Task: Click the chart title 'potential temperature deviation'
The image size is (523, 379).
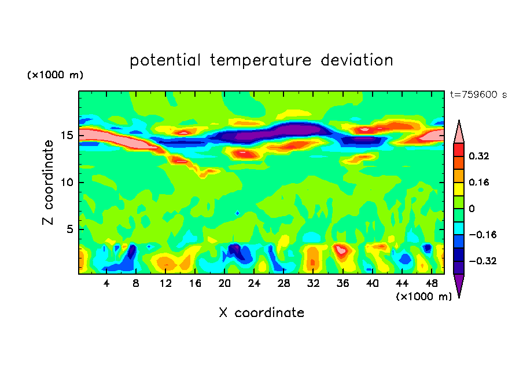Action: tap(261, 60)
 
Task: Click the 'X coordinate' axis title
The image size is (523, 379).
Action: tap(261, 313)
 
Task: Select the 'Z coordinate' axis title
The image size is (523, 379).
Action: tap(49, 183)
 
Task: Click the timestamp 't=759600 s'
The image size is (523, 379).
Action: tap(478, 94)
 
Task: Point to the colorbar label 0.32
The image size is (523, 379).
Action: tap(480, 156)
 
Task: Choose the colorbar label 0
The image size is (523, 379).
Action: tap(472, 209)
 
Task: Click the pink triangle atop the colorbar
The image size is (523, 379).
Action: tap(458, 133)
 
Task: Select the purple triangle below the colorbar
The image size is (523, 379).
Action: tap(458, 285)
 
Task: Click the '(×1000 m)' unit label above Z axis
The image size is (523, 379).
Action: tap(55, 75)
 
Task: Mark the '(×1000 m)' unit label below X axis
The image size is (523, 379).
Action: tap(423, 296)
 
